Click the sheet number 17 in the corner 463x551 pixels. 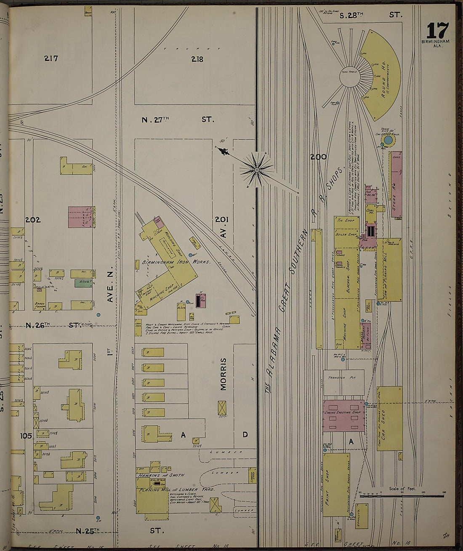(438, 31)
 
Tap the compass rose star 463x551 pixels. (256, 170)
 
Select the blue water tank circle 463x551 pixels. (388, 140)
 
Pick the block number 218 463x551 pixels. (197, 59)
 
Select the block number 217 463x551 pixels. (51, 59)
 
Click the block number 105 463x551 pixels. (26, 436)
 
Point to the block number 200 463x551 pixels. (318, 157)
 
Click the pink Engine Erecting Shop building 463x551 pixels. (343, 415)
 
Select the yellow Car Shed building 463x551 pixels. (389, 418)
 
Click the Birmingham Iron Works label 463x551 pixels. (176, 262)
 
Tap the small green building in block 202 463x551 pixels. (83, 283)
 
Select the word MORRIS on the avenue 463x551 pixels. (223, 374)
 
